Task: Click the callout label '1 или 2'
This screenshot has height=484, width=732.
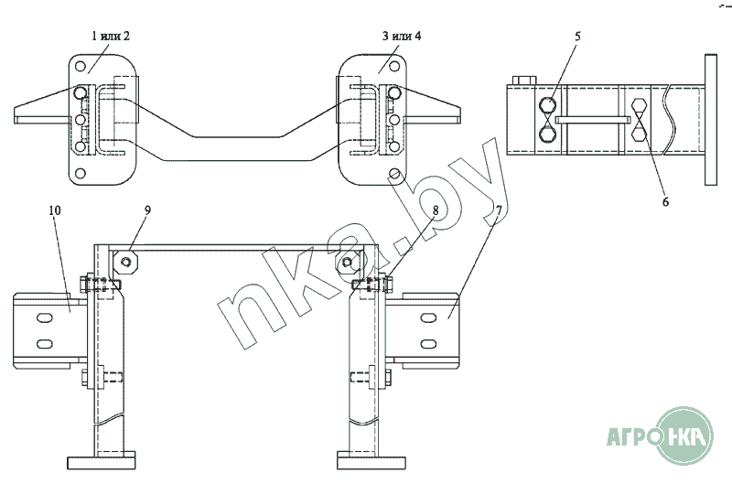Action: click(110, 36)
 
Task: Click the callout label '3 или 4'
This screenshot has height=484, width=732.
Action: click(402, 36)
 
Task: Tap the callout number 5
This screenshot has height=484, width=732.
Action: click(577, 37)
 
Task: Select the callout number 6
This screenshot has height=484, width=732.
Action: click(665, 202)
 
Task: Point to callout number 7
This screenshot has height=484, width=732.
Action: click(499, 210)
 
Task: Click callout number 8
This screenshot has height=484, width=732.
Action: click(436, 210)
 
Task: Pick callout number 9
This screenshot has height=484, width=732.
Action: click(147, 210)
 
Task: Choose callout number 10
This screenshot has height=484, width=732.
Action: click(55, 210)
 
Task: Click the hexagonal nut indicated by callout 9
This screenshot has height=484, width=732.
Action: click(125, 262)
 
